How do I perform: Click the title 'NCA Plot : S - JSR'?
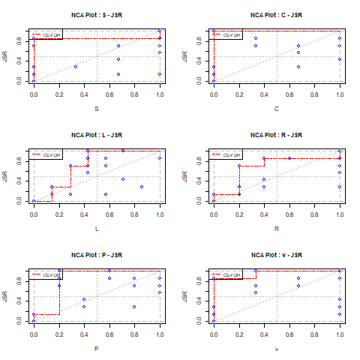pos(97,15)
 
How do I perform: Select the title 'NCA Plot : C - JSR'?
pos(277,15)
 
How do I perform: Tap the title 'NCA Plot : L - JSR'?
pos(97,135)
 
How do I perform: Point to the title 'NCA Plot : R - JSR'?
pos(277,135)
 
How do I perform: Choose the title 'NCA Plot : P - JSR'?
pos(97,255)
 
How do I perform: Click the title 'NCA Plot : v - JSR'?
pos(277,255)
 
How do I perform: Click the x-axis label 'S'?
pos(97,109)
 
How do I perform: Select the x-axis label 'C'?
pos(277,109)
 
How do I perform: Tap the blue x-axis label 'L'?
pos(97,229)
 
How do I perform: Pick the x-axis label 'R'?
pos(277,229)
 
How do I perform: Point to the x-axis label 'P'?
pos(97,349)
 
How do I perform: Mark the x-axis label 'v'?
pos(277,349)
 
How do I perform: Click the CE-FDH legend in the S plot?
pos(47,34)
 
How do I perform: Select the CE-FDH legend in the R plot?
pos(227,154)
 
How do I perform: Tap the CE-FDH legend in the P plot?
pos(47,274)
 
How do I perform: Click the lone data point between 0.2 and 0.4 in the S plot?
pos(76,67)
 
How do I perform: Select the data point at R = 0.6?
pos(289,158)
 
